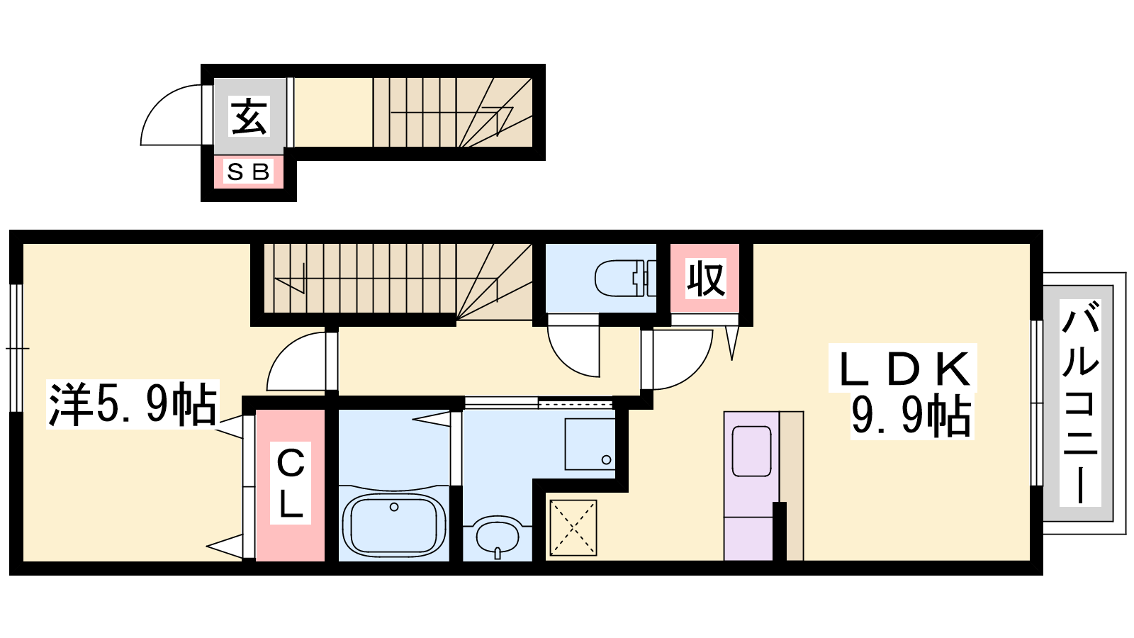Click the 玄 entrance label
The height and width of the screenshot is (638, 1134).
[x=249, y=116]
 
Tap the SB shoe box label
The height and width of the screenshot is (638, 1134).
[x=248, y=172]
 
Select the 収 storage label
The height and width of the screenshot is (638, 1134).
[x=705, y=278]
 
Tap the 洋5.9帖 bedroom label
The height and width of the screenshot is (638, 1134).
[x=133, y=404]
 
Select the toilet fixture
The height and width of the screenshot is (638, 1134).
[x=625, y=278]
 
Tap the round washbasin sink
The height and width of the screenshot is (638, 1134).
[x=497, y=537]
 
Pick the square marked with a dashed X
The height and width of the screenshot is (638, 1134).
[x=573, y=528]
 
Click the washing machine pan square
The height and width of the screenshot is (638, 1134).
[x=590, y=444]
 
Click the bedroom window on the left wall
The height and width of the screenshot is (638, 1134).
[x=16, y=348]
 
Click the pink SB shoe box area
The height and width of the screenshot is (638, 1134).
[x=248, y=173]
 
